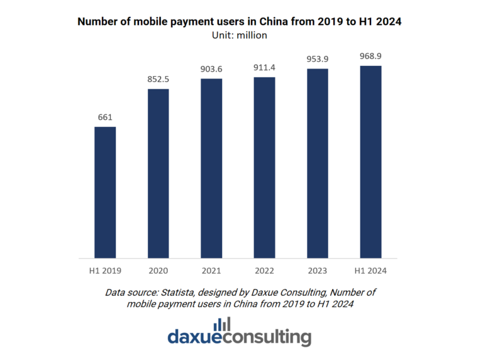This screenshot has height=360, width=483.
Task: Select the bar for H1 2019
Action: [105, 192]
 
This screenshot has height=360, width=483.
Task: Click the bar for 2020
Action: [158, 173]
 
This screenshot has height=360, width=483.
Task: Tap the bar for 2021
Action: [211, 168]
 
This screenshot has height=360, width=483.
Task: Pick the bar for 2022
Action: [264, 168]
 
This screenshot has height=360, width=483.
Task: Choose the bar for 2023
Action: [318, 163]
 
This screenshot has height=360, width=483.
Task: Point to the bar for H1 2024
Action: [371, 161]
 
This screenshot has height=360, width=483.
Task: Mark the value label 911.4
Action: [264, 67]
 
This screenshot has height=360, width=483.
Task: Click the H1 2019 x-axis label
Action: [105, 271]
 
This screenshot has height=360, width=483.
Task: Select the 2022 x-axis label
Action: [264, 271]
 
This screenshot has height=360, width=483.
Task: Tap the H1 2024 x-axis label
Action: [371, 271]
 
